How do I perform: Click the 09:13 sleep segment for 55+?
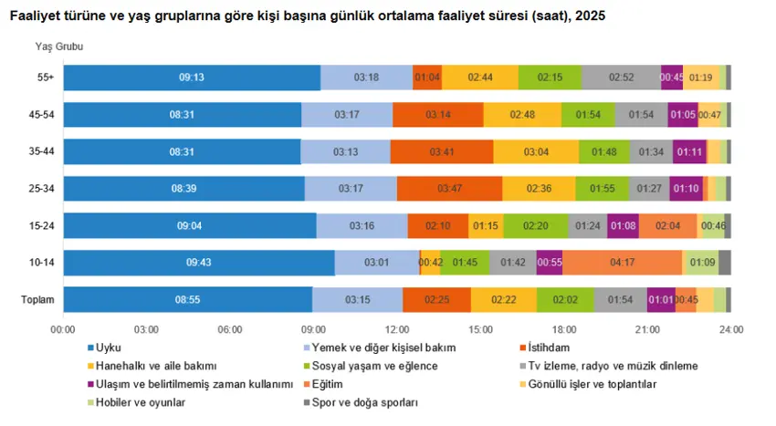coord(192,78)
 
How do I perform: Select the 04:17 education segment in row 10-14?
coord(622,262)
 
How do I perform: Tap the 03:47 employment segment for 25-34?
coord(449,189)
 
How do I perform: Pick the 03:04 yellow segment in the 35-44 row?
coord(536,152)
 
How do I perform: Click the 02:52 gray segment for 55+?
coord(621,78)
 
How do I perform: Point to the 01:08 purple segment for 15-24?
coord(623,225)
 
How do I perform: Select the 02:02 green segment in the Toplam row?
coord(565,300)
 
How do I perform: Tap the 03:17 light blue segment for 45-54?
coord(347,115)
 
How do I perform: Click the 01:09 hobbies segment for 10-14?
coord(702,262)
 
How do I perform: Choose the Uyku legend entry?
coord(104,348)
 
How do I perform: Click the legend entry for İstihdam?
coord(544,348)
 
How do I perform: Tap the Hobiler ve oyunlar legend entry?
coord(136,403)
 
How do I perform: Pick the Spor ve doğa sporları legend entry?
coord(361,403)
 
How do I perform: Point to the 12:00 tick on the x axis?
coord(397,329)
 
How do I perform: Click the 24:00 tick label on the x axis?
coord(731,329)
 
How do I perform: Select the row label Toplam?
coord(37,300)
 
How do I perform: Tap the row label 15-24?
coord(42,225)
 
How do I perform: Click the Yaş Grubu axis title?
coord(59,47)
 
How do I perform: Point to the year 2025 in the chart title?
coord(590,16)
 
